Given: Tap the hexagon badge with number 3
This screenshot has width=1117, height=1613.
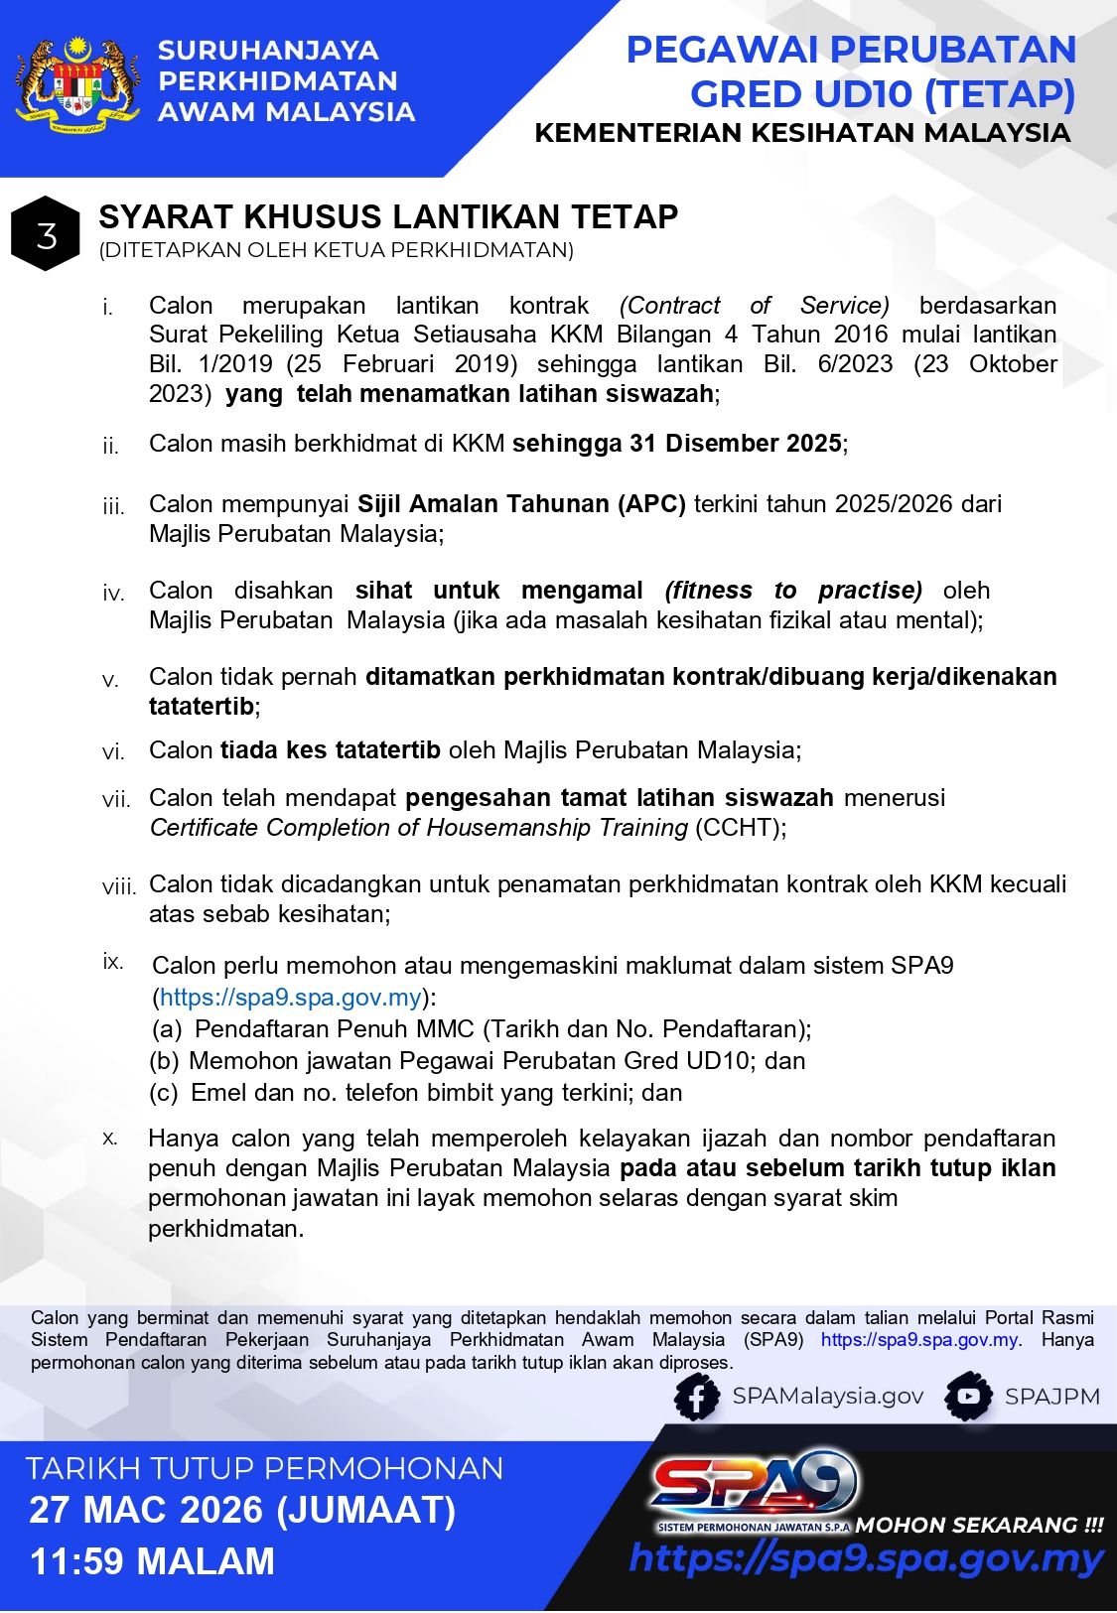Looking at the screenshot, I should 46,235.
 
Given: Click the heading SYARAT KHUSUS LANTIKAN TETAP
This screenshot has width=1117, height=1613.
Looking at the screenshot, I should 388,217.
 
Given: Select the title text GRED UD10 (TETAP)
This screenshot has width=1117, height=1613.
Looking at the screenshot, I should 883,94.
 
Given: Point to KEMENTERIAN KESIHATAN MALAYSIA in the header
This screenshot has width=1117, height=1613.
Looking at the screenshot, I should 802,133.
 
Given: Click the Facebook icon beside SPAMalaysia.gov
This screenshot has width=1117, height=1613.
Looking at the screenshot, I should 697,1398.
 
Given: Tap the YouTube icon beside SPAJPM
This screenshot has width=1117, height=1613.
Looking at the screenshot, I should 968,1398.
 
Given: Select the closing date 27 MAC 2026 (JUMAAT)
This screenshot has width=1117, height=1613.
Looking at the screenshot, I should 242,1511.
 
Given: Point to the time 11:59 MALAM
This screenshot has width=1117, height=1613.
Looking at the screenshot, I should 152,1561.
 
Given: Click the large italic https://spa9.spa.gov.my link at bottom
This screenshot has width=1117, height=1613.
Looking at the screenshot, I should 866,1558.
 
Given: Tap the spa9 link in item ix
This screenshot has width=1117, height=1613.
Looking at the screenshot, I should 291,998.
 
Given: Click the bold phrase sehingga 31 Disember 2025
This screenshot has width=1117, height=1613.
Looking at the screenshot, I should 677,444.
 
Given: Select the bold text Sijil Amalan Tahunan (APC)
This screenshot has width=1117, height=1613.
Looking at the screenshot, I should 521,504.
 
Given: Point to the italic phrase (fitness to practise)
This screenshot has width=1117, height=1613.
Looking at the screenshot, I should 793,591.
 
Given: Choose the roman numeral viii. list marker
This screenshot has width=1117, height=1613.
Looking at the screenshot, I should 119,886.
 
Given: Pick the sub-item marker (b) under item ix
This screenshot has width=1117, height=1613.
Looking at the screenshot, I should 164,1061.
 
